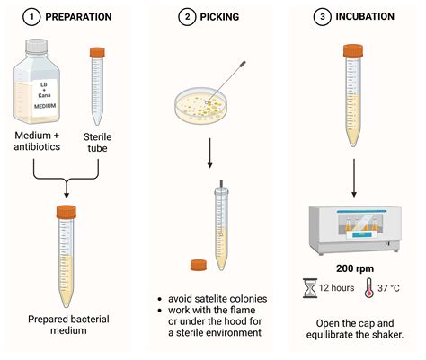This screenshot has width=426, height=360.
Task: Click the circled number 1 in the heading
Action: [31, 17]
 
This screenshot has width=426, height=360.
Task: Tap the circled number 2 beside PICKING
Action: [187, 17]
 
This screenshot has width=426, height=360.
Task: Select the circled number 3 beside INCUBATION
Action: [323, 17]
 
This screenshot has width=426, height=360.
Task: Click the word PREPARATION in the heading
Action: [78, 17]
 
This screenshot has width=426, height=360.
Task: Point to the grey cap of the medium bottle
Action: [37, 47]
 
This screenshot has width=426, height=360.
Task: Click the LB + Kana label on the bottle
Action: [44, 95]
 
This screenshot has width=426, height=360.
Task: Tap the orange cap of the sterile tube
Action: [97, 52]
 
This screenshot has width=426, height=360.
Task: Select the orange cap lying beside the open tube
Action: [199, 265]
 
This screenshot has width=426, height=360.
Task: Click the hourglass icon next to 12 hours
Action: [310, 288]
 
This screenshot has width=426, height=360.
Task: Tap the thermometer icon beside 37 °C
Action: [369, 287]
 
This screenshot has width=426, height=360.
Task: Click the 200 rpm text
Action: [355, 268]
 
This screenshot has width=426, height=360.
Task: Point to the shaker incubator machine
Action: [355, 230]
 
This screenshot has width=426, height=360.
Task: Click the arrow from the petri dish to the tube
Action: [210, 153]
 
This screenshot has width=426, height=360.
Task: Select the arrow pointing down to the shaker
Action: [354, 178]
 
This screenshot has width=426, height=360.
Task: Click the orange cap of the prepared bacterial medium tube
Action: [67, 212]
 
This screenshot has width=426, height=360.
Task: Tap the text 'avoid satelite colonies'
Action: [217, 299]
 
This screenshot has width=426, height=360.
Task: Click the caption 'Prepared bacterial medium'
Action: [68, 325]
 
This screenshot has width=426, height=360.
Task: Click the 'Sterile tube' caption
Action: [97, 143]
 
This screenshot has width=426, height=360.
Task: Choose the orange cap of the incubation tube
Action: [353, 51]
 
